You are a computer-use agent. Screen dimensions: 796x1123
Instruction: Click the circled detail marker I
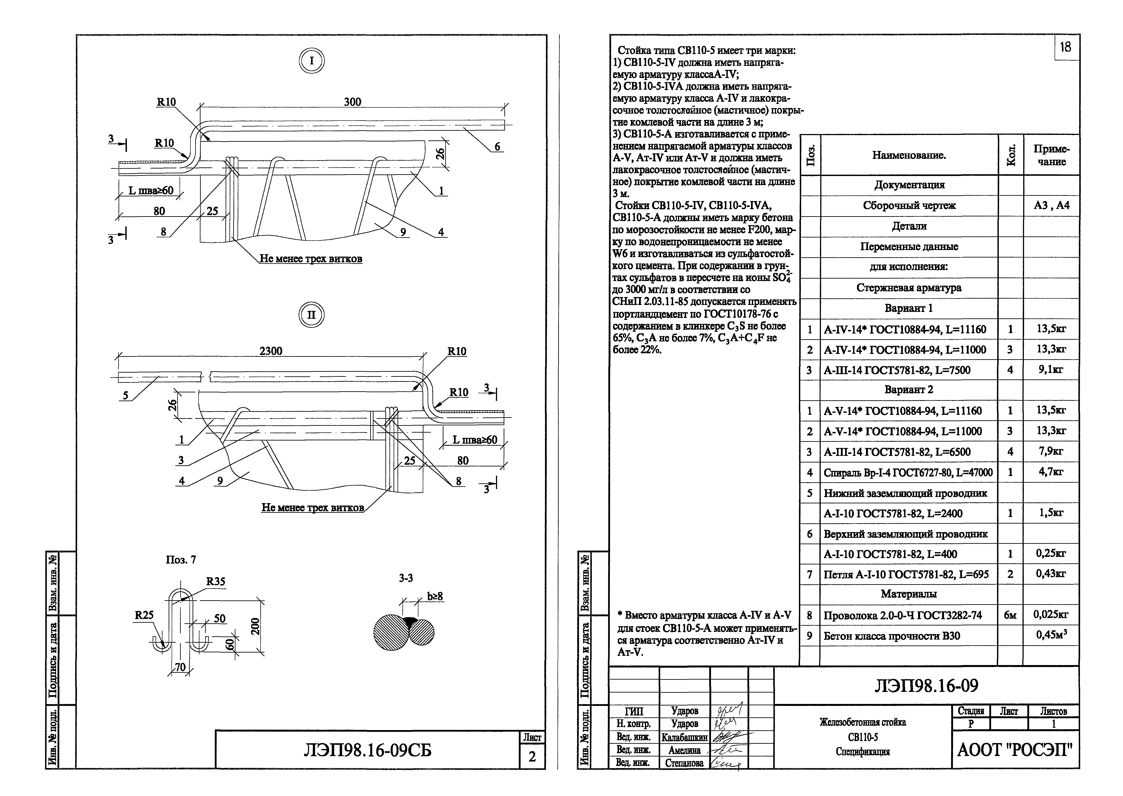point(312,62)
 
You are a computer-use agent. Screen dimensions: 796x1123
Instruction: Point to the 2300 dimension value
point(271,351)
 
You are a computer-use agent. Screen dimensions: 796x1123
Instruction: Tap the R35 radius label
point(215,581)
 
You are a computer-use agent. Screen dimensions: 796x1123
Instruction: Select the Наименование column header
point(909,155)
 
